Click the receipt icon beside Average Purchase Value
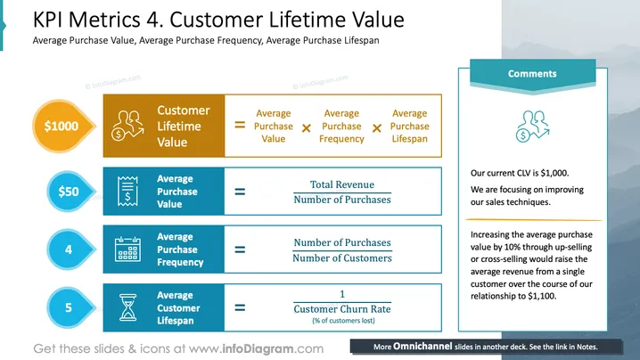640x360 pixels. [127, 191]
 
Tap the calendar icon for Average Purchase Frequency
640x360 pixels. [127, 249]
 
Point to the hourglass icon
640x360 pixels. [127, 307]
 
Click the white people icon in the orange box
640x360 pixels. [127, 126]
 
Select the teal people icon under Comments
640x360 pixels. [533, 127]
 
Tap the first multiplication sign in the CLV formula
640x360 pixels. [306, 128]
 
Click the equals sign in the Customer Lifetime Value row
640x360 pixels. [240, 125]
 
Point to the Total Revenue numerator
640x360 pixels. [342, 184]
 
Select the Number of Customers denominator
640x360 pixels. [342, 258]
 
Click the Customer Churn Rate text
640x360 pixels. [342, 309]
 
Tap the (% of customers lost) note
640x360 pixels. [343, 321]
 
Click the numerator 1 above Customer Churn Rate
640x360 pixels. [342, 294]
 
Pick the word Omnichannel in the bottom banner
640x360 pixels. [423, 347]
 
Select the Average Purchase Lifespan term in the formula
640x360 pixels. [409, 127]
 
